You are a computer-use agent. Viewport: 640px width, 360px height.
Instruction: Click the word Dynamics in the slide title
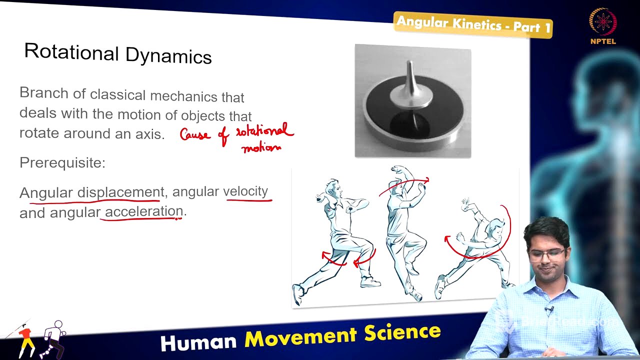click(x=168, y=55)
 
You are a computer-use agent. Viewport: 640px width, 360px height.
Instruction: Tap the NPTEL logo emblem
click(x=602, y=22)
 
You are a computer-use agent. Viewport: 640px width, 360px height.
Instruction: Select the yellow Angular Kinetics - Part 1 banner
click(x=473, y=24)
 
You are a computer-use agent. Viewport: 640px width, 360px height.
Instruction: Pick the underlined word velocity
click(x=245, y=191)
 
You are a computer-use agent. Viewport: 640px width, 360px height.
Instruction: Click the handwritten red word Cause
click(x=195, y=135)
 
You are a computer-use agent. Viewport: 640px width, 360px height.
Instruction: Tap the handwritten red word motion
click(x=261, y=147)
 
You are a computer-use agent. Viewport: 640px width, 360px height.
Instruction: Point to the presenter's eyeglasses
click(x=546, y=254)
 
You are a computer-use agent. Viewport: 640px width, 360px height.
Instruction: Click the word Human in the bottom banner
click(x=198, y=342)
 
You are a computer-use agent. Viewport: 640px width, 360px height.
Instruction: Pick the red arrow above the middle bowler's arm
click(x=404, y=185)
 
